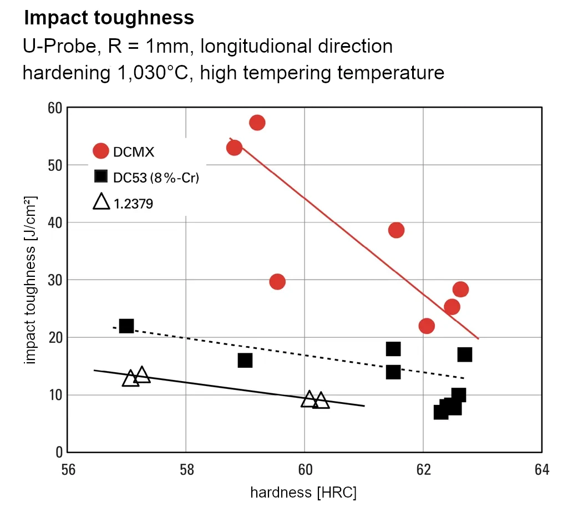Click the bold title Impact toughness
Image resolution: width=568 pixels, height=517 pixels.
click(x=109, y=18)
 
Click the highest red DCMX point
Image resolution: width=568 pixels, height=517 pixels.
click(x=257, y=123)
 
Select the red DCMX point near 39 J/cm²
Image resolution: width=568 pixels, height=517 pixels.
click(x=396, y=230)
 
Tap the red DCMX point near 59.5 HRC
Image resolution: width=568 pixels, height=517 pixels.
click(x=277, y=282)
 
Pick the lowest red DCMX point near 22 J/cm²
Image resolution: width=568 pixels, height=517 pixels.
click(x=427, y=326)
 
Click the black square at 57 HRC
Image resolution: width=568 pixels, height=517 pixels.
click(x=126, y=326)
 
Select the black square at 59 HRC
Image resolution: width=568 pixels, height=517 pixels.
click(x=245, y=361)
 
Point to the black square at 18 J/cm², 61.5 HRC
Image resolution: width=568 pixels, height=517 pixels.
click(x=393, y=349)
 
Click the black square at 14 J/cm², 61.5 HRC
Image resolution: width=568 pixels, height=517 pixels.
click(x=393, y=372)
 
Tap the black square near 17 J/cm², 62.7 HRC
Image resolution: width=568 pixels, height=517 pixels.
click(x=465, y=354)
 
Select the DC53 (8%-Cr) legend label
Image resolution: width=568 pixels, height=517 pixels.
click(x=156, y=178)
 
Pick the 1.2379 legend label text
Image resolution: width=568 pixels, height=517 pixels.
click(x=133, y=204)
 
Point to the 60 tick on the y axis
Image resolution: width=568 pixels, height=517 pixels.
click(x=54, y=108)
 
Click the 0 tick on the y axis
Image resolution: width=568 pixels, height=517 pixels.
click(x=58, y=452)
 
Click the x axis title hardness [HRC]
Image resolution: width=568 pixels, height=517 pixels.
click(x=303, y=493)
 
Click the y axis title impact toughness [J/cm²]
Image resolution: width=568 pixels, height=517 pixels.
click(x=31, y=280)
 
